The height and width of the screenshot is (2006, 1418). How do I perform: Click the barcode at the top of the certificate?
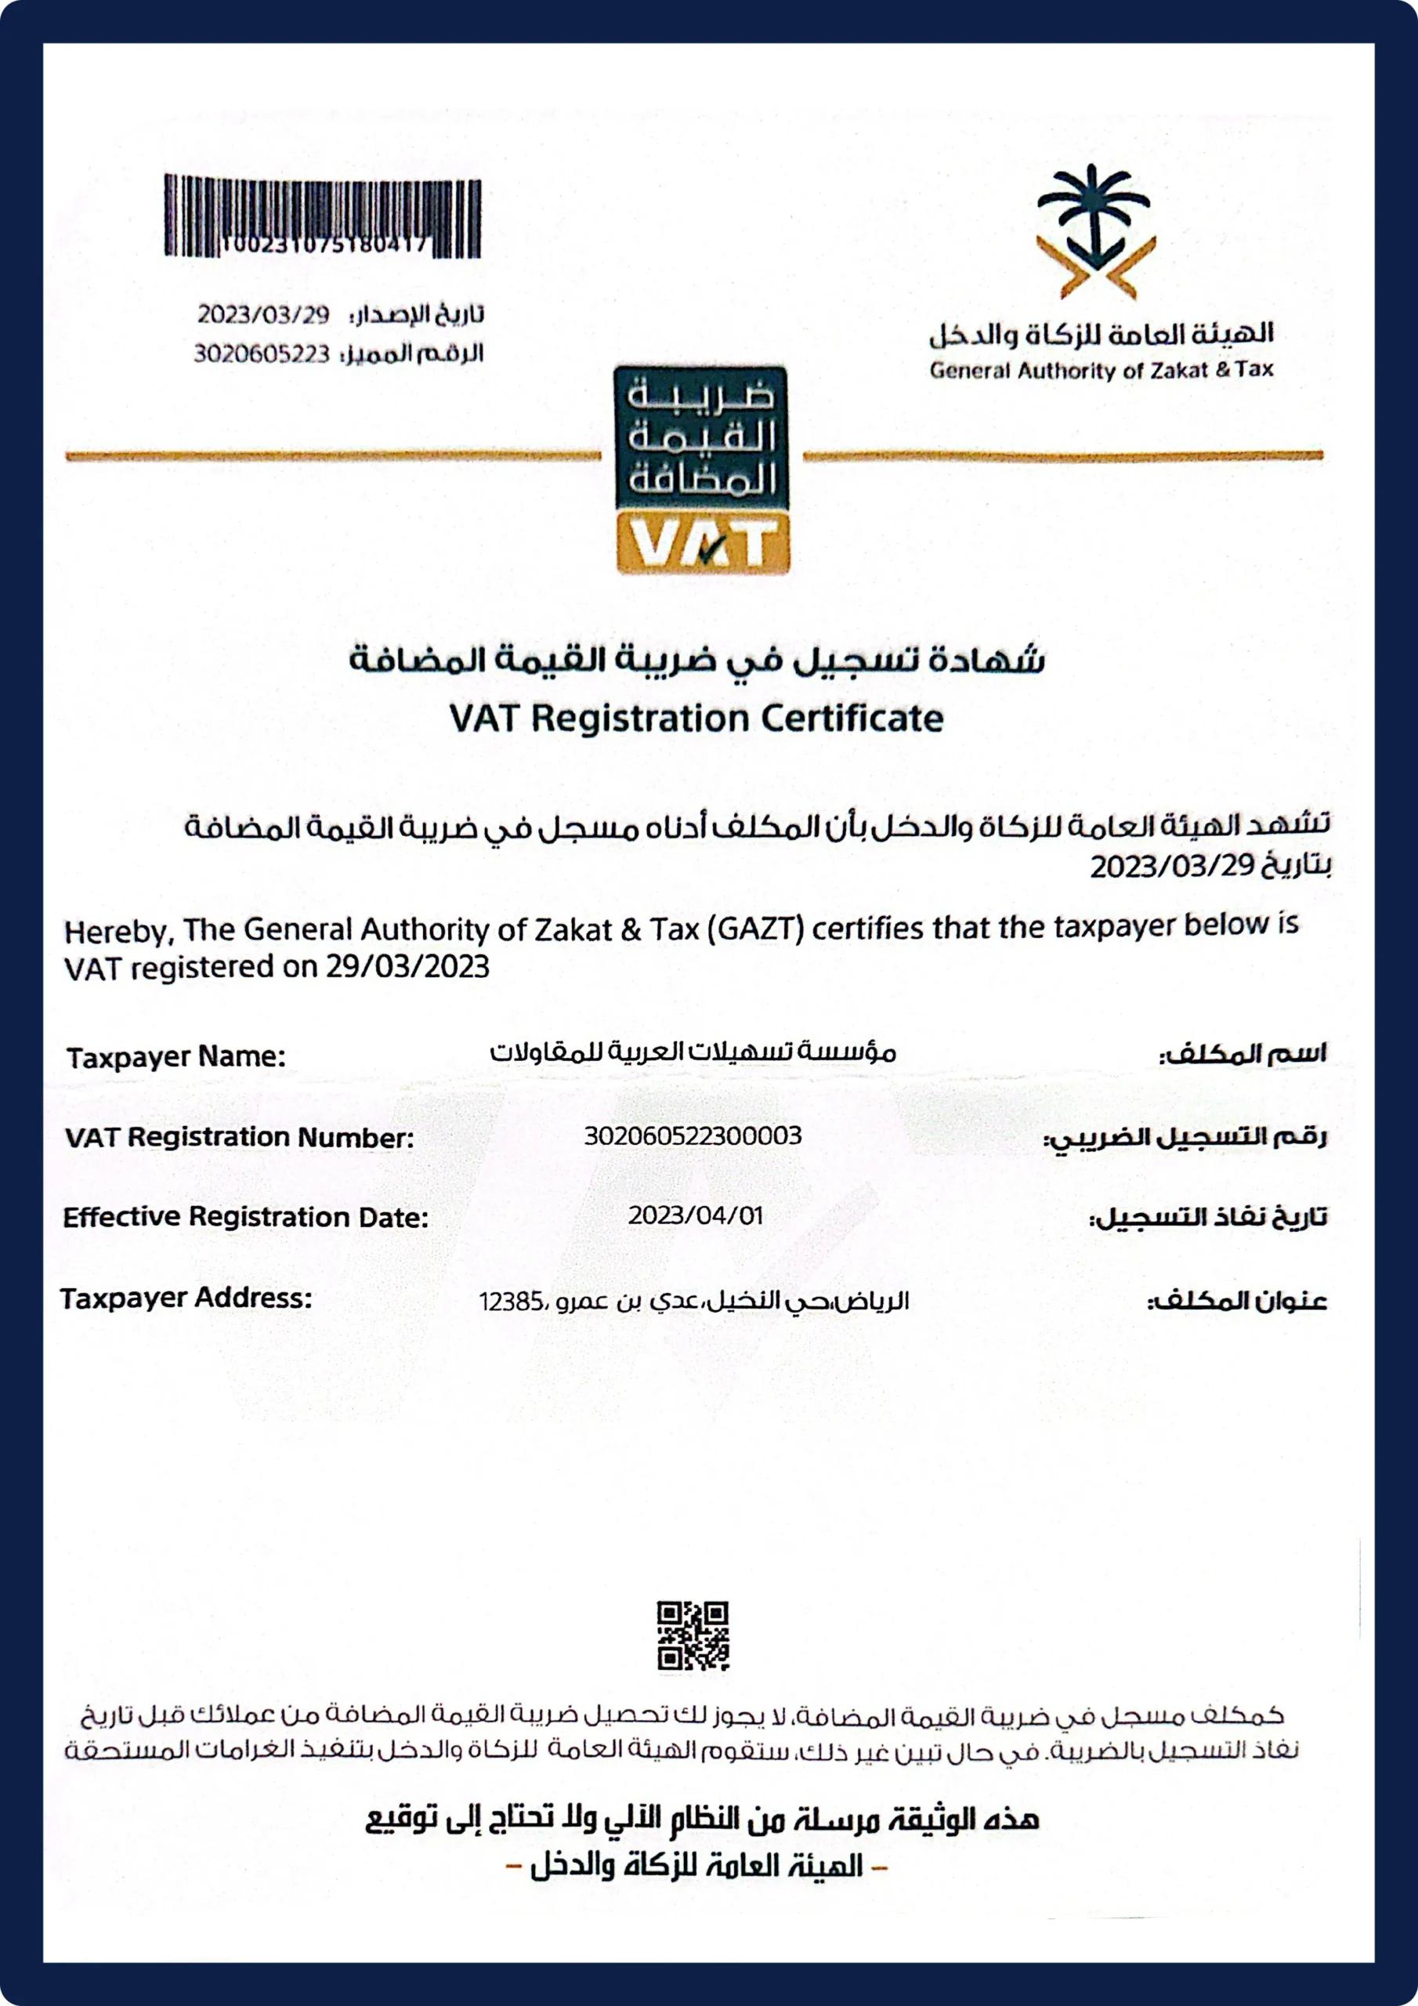click(x=323, y=215)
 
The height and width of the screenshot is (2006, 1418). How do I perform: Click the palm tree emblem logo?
click(x=1095, y=230)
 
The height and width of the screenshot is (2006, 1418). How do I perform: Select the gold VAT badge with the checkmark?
click(x=703, y=544)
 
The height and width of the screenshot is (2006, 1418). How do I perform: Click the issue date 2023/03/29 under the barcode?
click(x=263, y=313)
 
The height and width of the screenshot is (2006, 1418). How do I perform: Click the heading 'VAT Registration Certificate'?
click(x=696, y=719)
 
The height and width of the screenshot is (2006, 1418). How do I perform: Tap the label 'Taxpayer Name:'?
click(x=175, y=1057)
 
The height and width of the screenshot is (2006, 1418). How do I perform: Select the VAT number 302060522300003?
click(x=692, y=1135)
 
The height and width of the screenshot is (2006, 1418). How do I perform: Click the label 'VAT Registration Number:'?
click(x=238, y=1138)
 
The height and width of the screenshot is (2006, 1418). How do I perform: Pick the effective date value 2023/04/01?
click(x=696, y=1215)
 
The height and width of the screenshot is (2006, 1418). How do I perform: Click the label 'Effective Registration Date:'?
click(x=245, y=1217)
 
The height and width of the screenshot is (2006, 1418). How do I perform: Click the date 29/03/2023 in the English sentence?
click(x=407, y=966)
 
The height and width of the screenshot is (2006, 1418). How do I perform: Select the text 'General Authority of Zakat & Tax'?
click(x=1101, y=371)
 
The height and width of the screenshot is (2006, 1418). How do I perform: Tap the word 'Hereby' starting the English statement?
click(x=115, y=932)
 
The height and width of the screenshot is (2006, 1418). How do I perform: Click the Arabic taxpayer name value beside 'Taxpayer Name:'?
click(x=692, y=1052)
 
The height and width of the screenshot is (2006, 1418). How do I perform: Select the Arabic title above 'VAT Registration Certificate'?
click(x=696, y=660)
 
